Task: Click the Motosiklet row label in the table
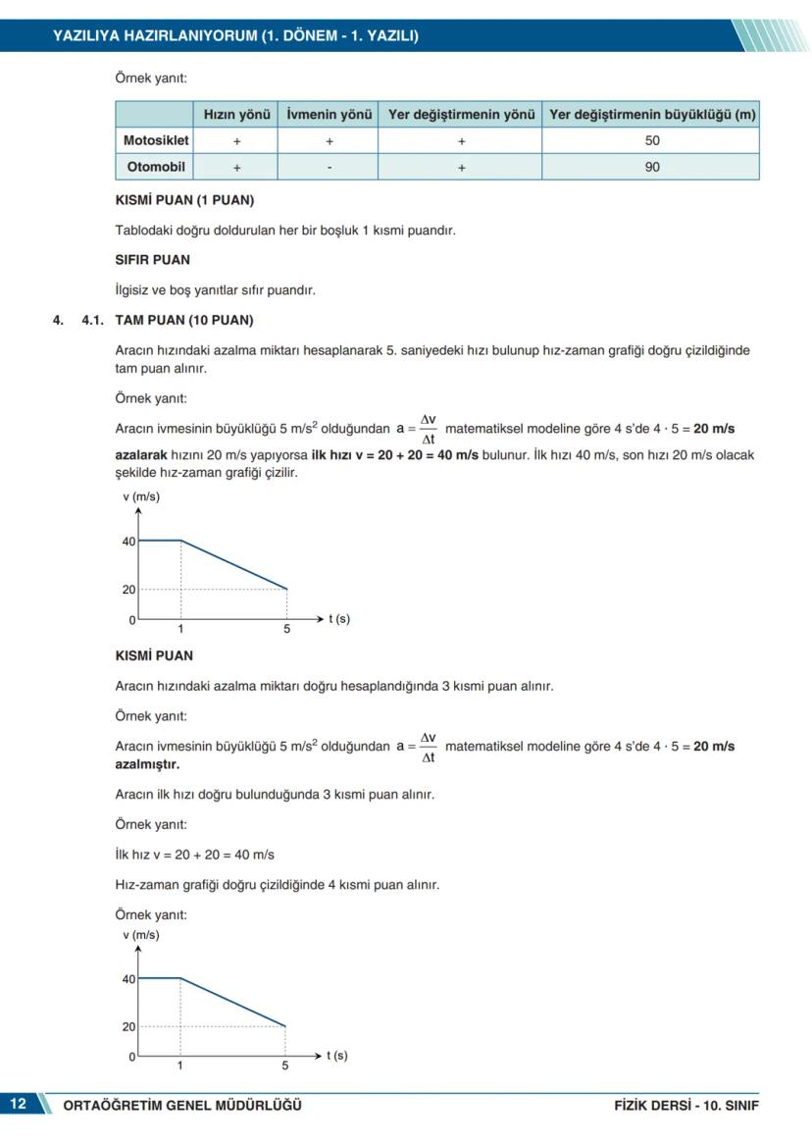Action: (x=155, y=140)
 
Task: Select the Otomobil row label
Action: (x=155, y=167)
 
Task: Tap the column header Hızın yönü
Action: (x=236, y=115)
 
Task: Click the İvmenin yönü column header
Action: (x=329, y=115)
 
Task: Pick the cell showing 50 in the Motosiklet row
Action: (x=652, y=140)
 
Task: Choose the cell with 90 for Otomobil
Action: (x=652, y=167)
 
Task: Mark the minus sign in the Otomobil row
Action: (x=329, y=168)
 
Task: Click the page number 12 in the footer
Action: (x=19, y=1105)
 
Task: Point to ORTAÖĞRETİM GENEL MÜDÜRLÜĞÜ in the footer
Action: (x=182, y=1106)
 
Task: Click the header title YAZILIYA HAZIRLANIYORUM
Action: (x=235, y=36)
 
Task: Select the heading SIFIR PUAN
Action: (x=153, y=260)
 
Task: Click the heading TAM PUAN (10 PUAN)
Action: (x=183, y=320)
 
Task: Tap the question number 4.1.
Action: (x=93, y=320)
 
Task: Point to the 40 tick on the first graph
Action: (x=128, y=542)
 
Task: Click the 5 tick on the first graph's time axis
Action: (x=286, y=629)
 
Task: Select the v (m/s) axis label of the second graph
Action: (x=141, y=935)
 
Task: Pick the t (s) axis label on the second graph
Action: (x=336, y=1056)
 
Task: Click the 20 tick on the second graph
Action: (x=128, y=1027)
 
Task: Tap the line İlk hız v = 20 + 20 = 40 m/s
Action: (x=195, y=855)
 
